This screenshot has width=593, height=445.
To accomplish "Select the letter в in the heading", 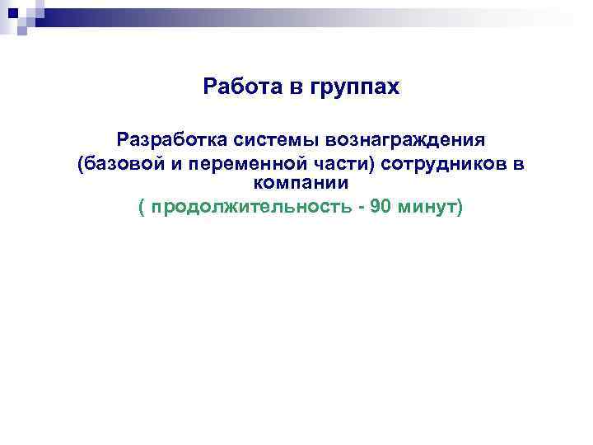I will click(x=296, y=87).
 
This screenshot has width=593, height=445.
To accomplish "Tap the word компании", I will click(x=301, y=182).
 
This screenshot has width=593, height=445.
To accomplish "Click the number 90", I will click(x=381, y=205).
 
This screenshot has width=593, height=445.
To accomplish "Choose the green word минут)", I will click(x=432, y=206).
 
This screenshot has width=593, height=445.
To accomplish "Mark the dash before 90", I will click(x=361, y=206).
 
